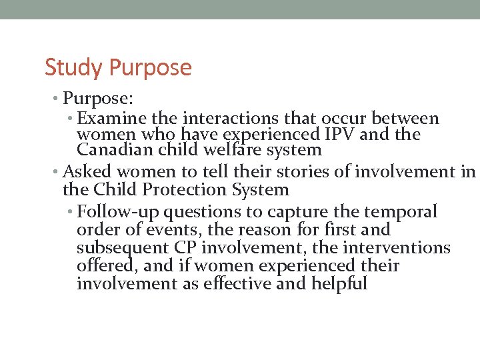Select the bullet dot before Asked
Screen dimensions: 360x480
(x=57, y=172)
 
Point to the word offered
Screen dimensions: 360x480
(x=105, y=266)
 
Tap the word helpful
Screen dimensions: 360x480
(x=339, y=284)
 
